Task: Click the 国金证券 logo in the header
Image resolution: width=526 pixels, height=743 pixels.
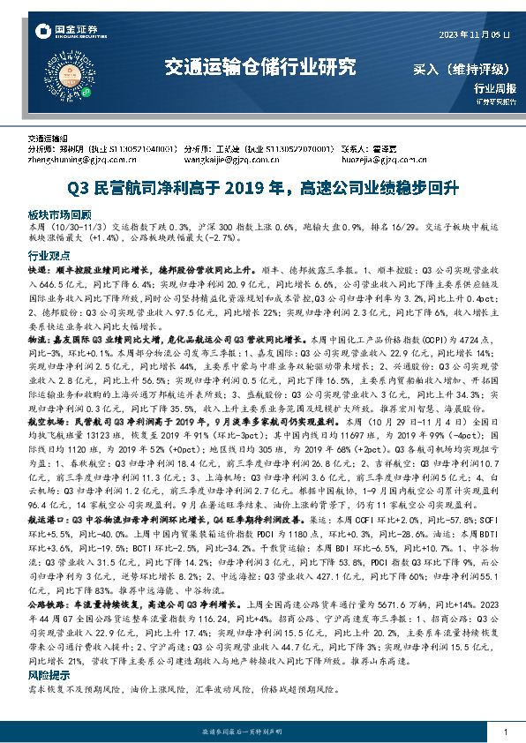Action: (x=61, y=33)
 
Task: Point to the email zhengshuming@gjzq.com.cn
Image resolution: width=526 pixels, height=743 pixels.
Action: (x=80, y=161)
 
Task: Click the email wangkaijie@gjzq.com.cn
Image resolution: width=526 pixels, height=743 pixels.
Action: (x=232, y=161)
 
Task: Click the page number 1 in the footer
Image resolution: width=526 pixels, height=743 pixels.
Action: (x=503, y=733)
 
